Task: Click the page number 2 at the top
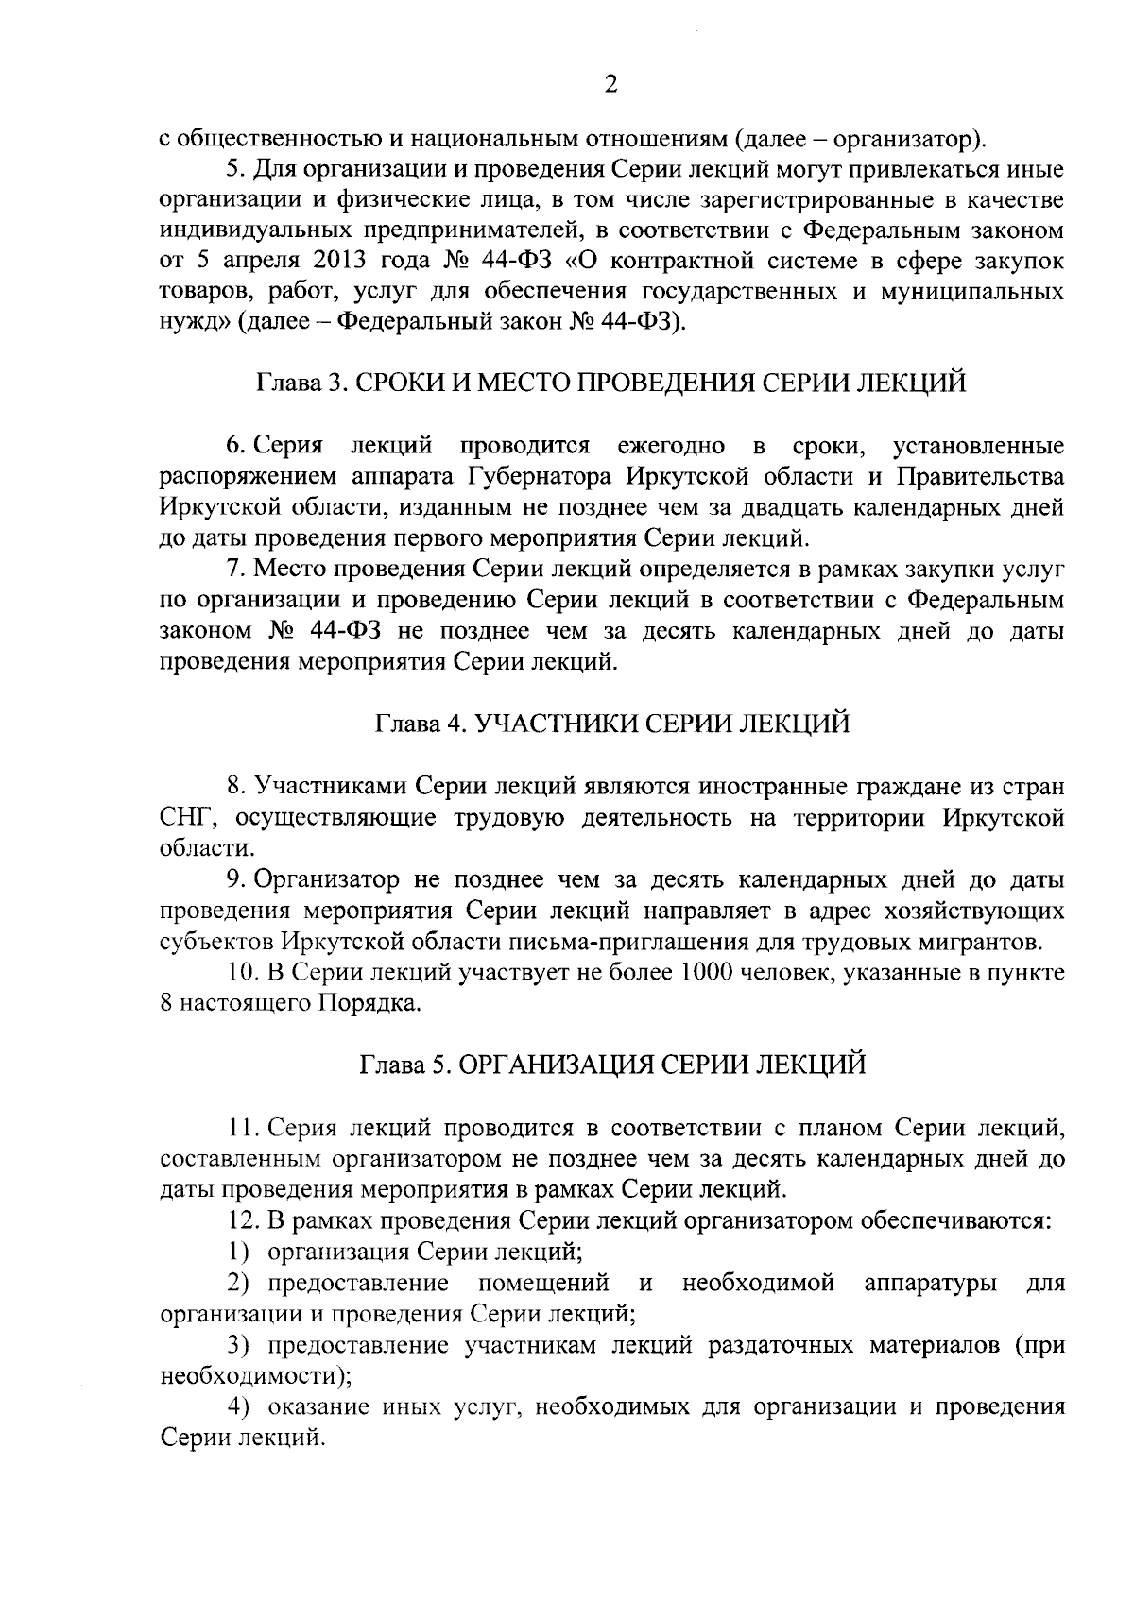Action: click(x=610, y=85)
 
